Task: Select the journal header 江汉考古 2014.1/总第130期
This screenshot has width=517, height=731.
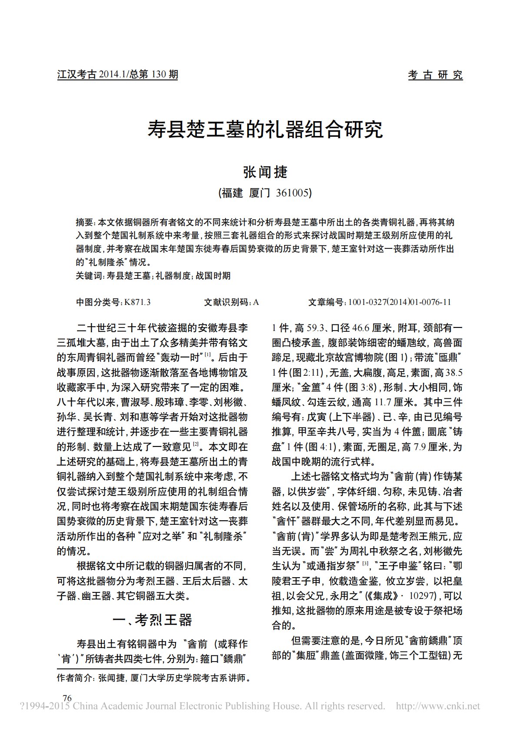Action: [118, 75]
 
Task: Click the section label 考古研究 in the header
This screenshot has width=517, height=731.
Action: [435, 75]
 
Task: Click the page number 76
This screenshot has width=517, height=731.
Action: [67, 698]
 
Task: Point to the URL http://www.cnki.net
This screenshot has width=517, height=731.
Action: [438, 706]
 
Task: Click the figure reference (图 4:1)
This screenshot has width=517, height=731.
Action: [321, 447]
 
